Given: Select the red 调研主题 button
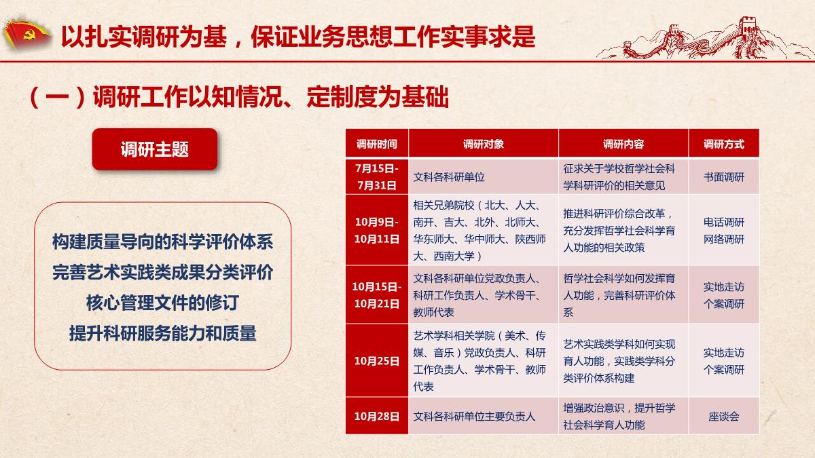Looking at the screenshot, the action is pyautogui.click(x=155, y=149).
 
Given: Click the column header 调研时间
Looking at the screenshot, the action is pyautogui.click(x=376, y=145).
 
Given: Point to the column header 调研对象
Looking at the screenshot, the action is pyautogui.click(x=483, y=145).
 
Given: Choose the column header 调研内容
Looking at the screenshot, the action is pyautogui.click(x=623, y=145).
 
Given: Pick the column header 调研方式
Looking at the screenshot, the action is pyautogui.click(x=724, y=145).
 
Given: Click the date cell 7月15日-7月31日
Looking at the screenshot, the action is pyautogui.click(x=377, y=177).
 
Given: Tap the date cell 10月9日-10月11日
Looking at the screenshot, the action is pyautogui.click(x=377, y=231).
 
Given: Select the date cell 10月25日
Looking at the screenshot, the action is pyautogui.click(x=377, y=360).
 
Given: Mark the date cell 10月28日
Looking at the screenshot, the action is pyautogui.click(x=377, y=416).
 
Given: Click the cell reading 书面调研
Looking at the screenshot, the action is pyautogui.click(x=724, y=177).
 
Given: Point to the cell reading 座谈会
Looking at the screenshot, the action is pyautogui.click(x=724, y=416).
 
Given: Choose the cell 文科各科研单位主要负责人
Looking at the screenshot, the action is pyautogui.click(x=474, y=416).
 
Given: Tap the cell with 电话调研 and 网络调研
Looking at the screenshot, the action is pyautogui.click(x=724, y=231).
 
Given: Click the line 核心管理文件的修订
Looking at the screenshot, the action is pyautogui.click(x=162, y=303).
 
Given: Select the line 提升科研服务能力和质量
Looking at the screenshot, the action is pyautogui.click(x=162, y=333).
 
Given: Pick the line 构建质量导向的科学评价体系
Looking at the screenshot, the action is pyautogui.click(x=162, y=242).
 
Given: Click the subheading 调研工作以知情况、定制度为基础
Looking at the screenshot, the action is pyautogui.click(x=271, y=97).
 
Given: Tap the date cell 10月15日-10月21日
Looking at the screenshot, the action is pyautogui.click(x=377, y=294).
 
